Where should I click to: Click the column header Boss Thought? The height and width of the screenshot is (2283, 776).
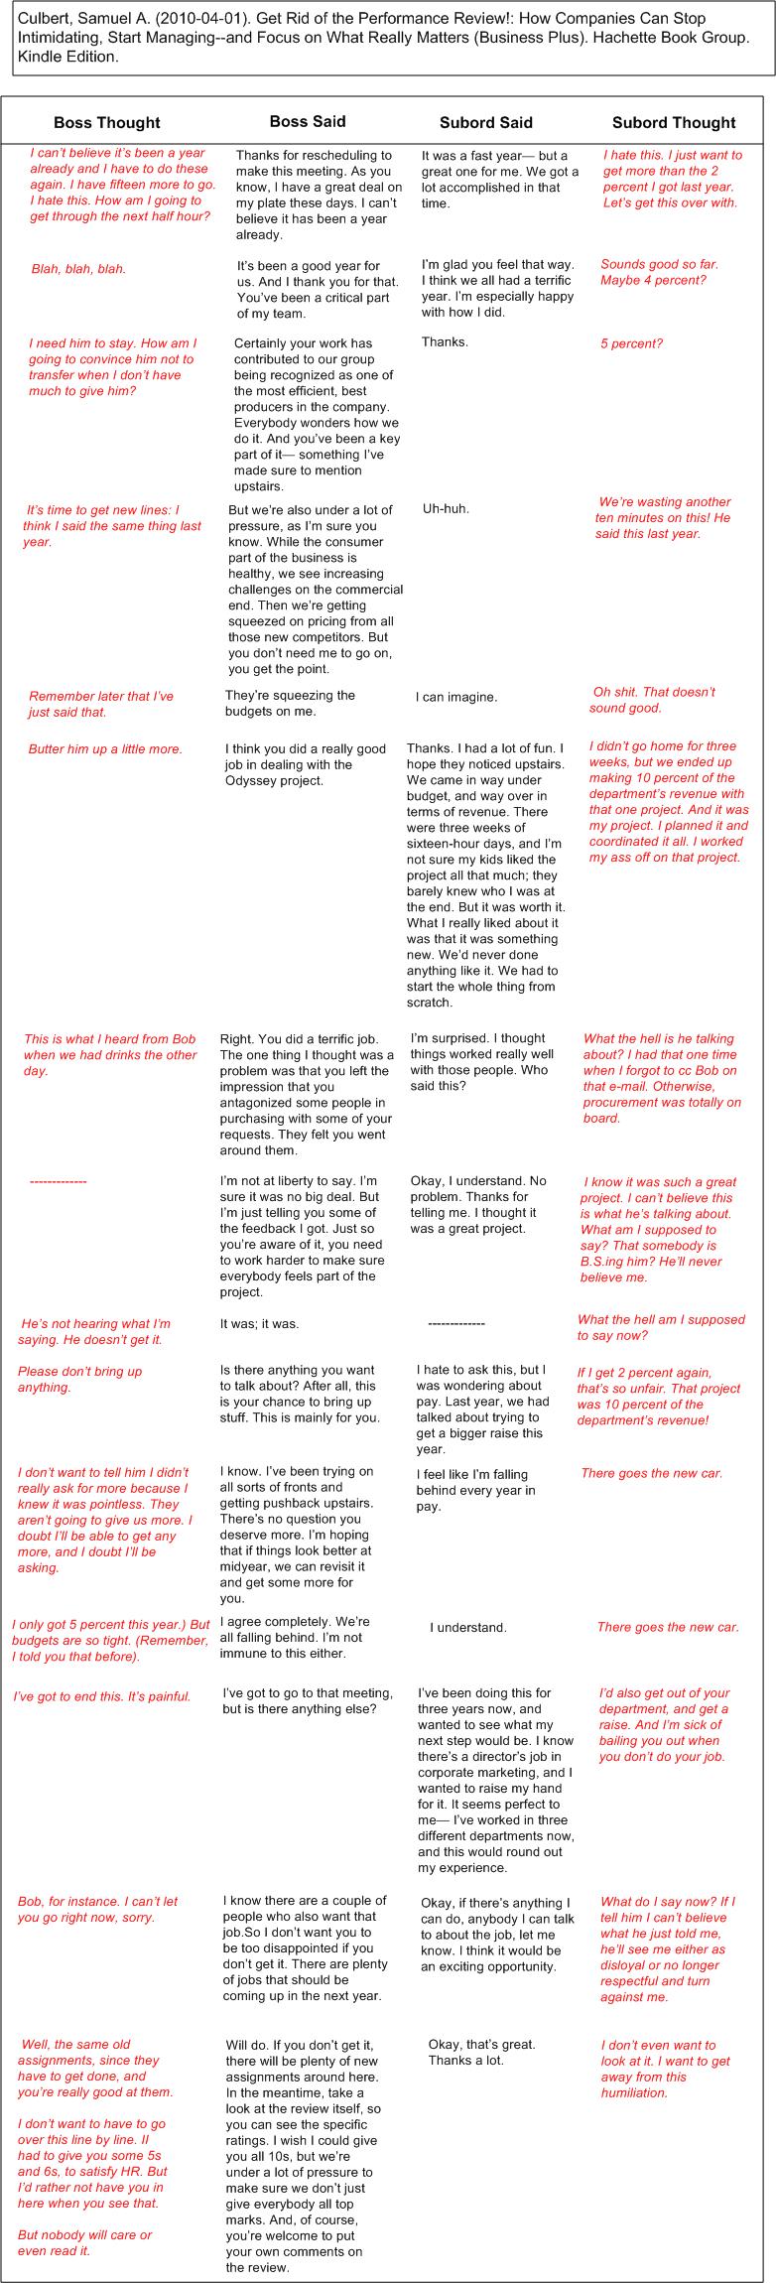point(106,123)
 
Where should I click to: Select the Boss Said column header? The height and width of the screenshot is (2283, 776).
point(308,121)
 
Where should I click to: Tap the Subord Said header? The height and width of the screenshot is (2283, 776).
point(485,123)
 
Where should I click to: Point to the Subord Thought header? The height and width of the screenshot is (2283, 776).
point(673,123)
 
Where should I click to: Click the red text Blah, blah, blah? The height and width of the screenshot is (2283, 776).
point(78,269)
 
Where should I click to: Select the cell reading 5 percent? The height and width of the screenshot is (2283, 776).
point(631,343)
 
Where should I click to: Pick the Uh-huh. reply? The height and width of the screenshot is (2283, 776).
point(446,509)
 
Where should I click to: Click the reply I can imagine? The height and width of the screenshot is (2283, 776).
point(455,697)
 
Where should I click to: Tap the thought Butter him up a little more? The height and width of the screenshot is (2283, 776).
point(105,748)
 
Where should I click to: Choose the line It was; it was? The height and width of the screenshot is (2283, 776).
point(259,1323)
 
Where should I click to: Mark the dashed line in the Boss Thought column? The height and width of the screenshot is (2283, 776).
point(58,1181)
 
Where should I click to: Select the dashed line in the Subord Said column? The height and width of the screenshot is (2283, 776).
point(455,1323)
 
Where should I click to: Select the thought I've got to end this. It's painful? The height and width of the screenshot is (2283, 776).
point(101,1696)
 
